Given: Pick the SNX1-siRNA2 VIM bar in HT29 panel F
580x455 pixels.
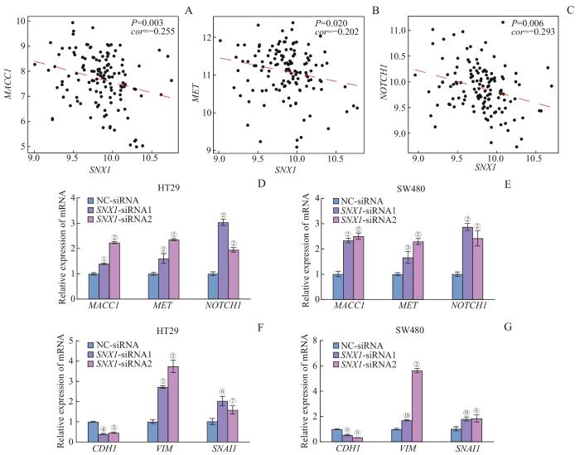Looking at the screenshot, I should [x=173, y=400].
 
